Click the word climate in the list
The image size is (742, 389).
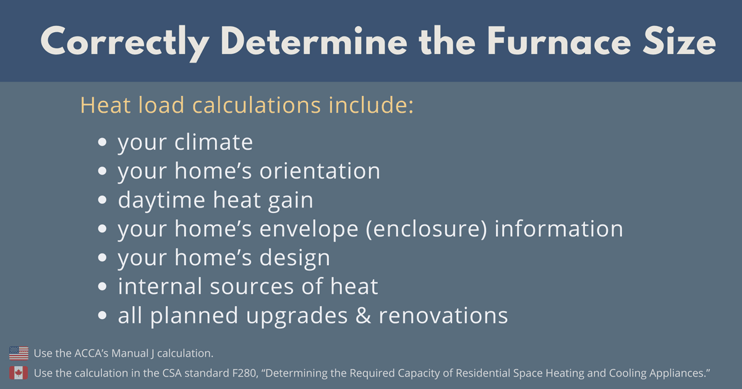(x=213, y=142)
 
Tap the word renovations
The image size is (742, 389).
(x=443, y=316)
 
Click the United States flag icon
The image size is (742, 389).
(x=19, y=354)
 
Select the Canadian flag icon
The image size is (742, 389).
(x=19, y=373)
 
